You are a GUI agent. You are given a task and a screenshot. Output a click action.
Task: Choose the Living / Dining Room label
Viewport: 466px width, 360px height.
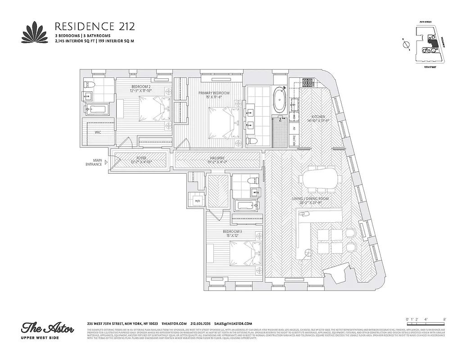click(x=311, y=199)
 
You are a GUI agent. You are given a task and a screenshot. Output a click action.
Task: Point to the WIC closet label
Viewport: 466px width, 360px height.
click(x=97, y=133)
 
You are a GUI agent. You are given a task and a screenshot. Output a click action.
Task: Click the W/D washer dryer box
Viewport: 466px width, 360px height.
click(x=197, y=201)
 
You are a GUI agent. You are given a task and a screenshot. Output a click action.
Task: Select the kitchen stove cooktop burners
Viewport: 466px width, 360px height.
click(x=308, y=82)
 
